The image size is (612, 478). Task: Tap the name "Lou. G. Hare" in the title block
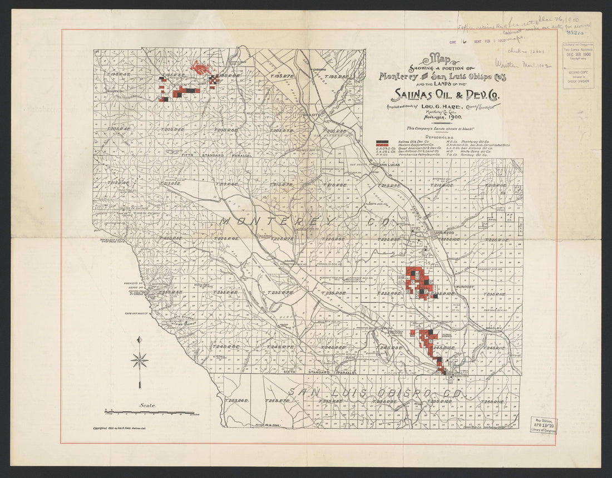point(437,106)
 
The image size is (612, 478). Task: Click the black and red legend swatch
point(382,144)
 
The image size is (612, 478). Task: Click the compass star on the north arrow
point(139,361)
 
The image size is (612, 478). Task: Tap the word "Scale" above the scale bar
point(147,406)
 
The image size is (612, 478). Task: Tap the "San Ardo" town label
point(445,232)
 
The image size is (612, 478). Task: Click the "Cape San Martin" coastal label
point(137,314)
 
